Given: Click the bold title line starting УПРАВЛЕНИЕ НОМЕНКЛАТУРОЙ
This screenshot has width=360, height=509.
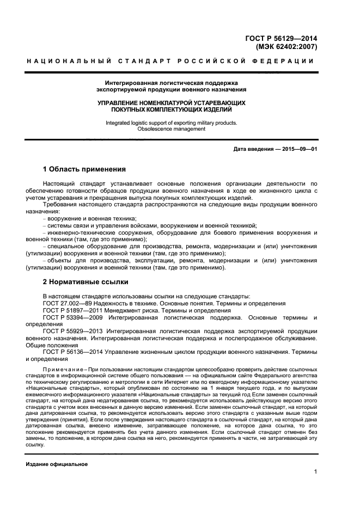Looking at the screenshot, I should coord(171,102).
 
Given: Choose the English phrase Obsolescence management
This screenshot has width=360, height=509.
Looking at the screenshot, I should coord(171,129).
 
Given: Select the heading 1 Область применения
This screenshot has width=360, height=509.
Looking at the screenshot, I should coord(84,169).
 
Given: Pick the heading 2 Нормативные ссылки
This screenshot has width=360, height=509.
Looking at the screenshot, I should coord(86,282).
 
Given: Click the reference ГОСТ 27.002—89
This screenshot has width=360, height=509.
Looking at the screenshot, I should coord(68,303).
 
